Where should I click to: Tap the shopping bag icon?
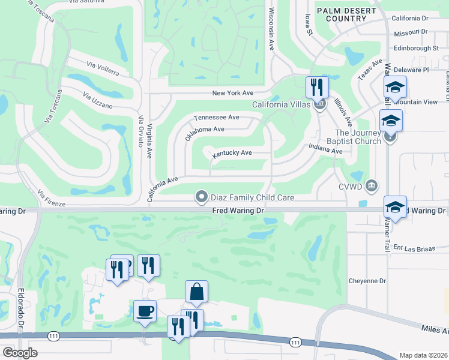pos(196,292)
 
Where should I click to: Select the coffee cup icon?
pos(145,311)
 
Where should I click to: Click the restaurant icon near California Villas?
pos(317,88)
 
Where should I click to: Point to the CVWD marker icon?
pos(372,185)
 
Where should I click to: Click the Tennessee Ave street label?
pos(216,118)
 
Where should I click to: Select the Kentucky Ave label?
pos(231,154)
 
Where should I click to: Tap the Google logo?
pos(20,352)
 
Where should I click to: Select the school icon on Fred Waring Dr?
pos(395,208)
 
